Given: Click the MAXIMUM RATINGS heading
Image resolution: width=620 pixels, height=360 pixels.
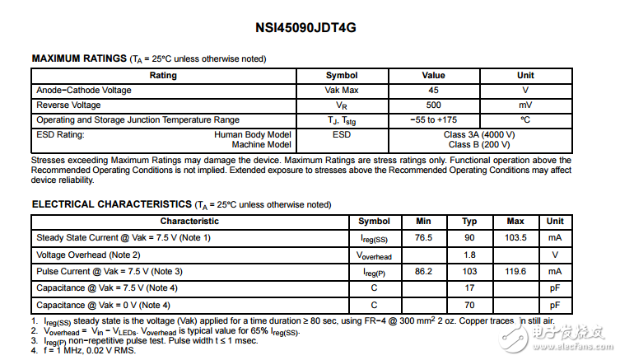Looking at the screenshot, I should coord(78,58).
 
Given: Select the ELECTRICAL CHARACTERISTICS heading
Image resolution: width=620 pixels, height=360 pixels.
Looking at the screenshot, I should coord(111,204).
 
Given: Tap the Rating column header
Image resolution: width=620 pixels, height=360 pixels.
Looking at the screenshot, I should coord(163,75).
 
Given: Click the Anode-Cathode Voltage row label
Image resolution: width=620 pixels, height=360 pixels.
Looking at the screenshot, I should coord(84,90).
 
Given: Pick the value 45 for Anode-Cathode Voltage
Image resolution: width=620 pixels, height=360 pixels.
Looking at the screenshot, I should coord(433,90).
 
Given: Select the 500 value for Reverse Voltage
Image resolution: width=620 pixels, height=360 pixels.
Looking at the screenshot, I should coord(433,105).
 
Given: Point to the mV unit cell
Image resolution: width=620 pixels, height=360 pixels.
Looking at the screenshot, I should coord(525,105).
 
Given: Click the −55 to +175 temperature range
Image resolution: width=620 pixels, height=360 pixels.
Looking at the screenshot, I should coord(433,119).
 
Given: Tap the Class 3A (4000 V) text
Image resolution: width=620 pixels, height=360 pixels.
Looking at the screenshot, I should coord(479,134).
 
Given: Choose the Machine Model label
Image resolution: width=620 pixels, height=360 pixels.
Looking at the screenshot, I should coord(261,144).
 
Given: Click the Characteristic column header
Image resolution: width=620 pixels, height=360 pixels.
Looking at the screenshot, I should coord(189,221).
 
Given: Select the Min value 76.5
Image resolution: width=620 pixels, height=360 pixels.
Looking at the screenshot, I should coord(424,237).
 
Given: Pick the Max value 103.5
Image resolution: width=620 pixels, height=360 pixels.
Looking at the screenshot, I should coord(515,237).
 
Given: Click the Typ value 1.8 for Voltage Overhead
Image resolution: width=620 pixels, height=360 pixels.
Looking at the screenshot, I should coord(469,255).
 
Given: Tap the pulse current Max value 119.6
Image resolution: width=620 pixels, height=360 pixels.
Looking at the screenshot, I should coord(515,271).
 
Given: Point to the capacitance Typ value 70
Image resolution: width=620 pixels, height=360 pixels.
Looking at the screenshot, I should coord(469,305).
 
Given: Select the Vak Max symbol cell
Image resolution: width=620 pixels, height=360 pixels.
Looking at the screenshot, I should coord(342,90).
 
